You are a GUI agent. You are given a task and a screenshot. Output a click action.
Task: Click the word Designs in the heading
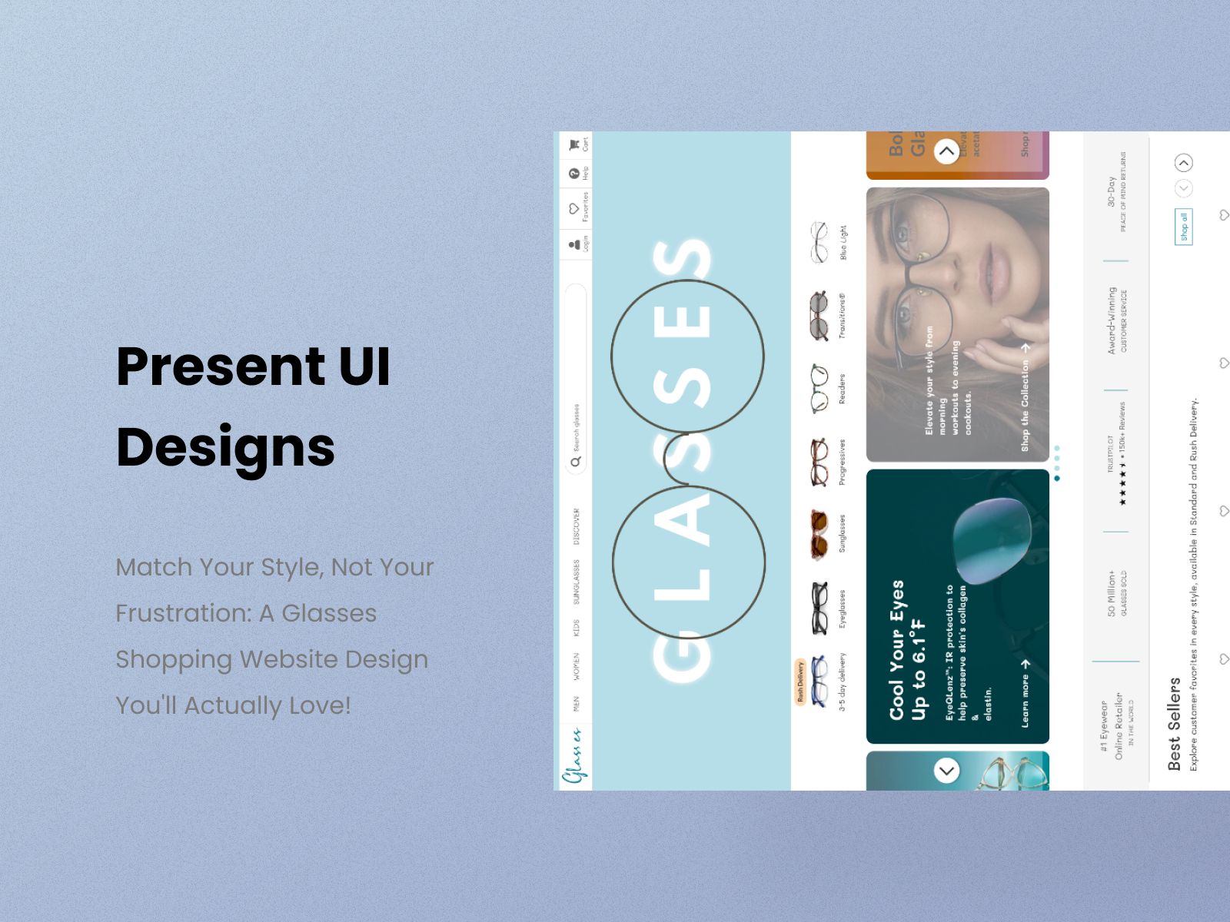pos(225,447)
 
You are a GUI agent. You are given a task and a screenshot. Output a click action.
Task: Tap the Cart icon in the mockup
pos(574,144)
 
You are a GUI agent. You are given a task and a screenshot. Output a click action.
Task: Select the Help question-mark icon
pos(574,174)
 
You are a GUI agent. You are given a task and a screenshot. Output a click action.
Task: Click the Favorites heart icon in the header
pos(574,208)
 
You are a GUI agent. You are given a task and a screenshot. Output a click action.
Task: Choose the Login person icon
pos(574,244)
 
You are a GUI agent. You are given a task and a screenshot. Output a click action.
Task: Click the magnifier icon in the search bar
pos(575,462)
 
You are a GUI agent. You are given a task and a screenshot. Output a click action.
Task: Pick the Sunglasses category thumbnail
pos(819,534)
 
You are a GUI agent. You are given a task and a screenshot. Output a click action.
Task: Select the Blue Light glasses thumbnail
pos(819,242)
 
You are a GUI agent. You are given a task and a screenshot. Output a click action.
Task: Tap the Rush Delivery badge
pos(799,681)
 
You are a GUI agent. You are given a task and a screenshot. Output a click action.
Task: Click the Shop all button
pos(1183,227)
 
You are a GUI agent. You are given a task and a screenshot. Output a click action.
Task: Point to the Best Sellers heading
pos(1173,724)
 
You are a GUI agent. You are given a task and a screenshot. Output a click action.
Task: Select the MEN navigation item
pos(576,704)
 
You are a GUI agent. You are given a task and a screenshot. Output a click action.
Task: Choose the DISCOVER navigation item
pos(576,526)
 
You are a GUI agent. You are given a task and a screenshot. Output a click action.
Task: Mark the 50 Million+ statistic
pos(1112,592)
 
